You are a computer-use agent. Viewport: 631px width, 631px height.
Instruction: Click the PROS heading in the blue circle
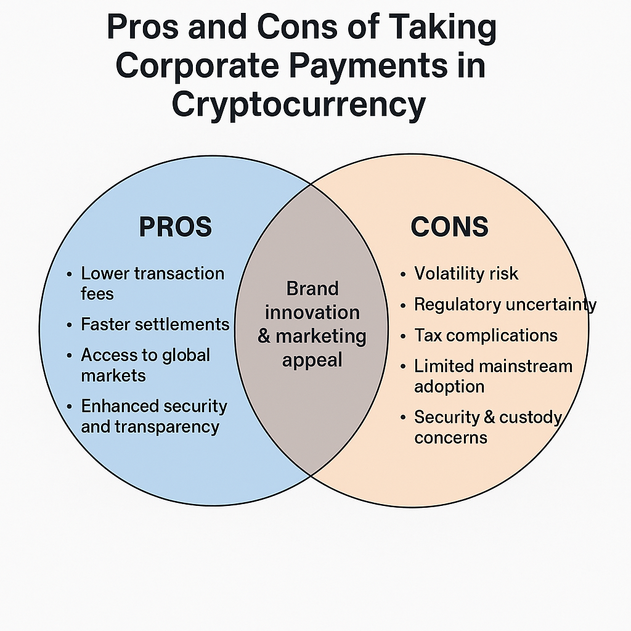point(175,227)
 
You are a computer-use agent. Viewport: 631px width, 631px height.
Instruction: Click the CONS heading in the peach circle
point(449,227)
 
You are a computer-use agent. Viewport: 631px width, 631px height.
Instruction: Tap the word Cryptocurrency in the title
point(298,105)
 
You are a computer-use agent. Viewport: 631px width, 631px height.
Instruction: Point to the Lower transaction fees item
point(152,283)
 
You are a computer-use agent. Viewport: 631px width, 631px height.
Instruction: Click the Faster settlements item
point(155,324)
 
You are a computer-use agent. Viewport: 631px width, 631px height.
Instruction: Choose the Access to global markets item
point(145,365)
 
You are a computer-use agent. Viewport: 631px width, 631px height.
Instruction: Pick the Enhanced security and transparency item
point(154,416)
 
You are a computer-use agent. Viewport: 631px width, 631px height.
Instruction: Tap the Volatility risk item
point(466,274)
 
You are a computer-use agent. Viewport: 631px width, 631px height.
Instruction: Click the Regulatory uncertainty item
point(505,304)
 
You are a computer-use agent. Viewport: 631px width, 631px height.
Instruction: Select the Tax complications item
point(486,335)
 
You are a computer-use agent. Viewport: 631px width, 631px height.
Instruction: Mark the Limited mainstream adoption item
point(493,376)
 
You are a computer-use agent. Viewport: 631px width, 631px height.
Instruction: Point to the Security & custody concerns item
point(487,427)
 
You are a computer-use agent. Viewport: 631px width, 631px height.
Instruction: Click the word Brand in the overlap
point(312,288)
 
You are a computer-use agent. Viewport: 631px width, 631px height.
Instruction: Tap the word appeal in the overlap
point(312,360)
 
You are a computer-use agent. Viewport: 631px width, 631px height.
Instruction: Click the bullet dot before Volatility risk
point(403,274)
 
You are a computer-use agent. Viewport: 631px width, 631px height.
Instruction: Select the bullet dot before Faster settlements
point(70,325)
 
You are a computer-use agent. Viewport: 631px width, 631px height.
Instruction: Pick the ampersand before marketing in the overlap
point(265,336)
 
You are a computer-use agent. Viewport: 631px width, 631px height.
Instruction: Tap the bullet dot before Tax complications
point(403,336)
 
